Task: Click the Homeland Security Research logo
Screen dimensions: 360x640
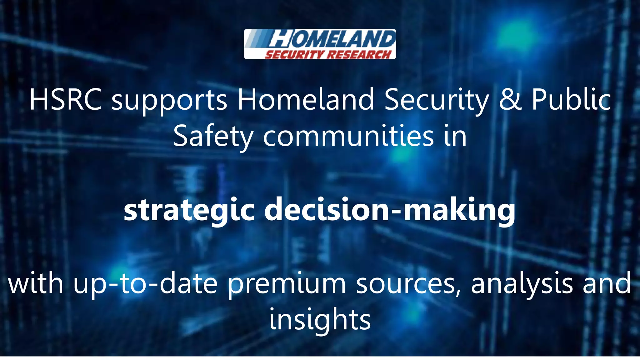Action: tap(320, 44)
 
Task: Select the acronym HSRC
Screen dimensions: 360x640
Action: tap(65, 100)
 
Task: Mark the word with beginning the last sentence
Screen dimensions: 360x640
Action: tap(36, 284)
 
